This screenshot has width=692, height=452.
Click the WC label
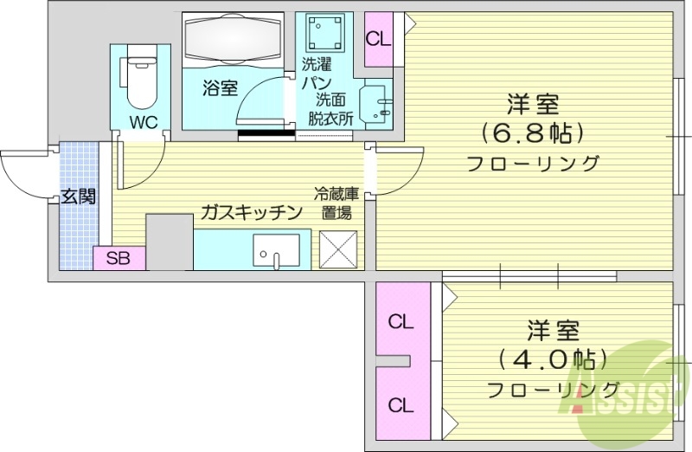pos(144,121)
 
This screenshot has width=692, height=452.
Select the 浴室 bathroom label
pos(221,87)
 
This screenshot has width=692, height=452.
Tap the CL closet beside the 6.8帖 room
pos(377,39)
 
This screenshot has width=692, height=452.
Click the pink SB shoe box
pos(119,257)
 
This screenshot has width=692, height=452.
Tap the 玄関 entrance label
pos(78,196)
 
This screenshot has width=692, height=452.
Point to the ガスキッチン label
pos(251,212)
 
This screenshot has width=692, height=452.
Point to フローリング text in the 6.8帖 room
pos(532,163)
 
